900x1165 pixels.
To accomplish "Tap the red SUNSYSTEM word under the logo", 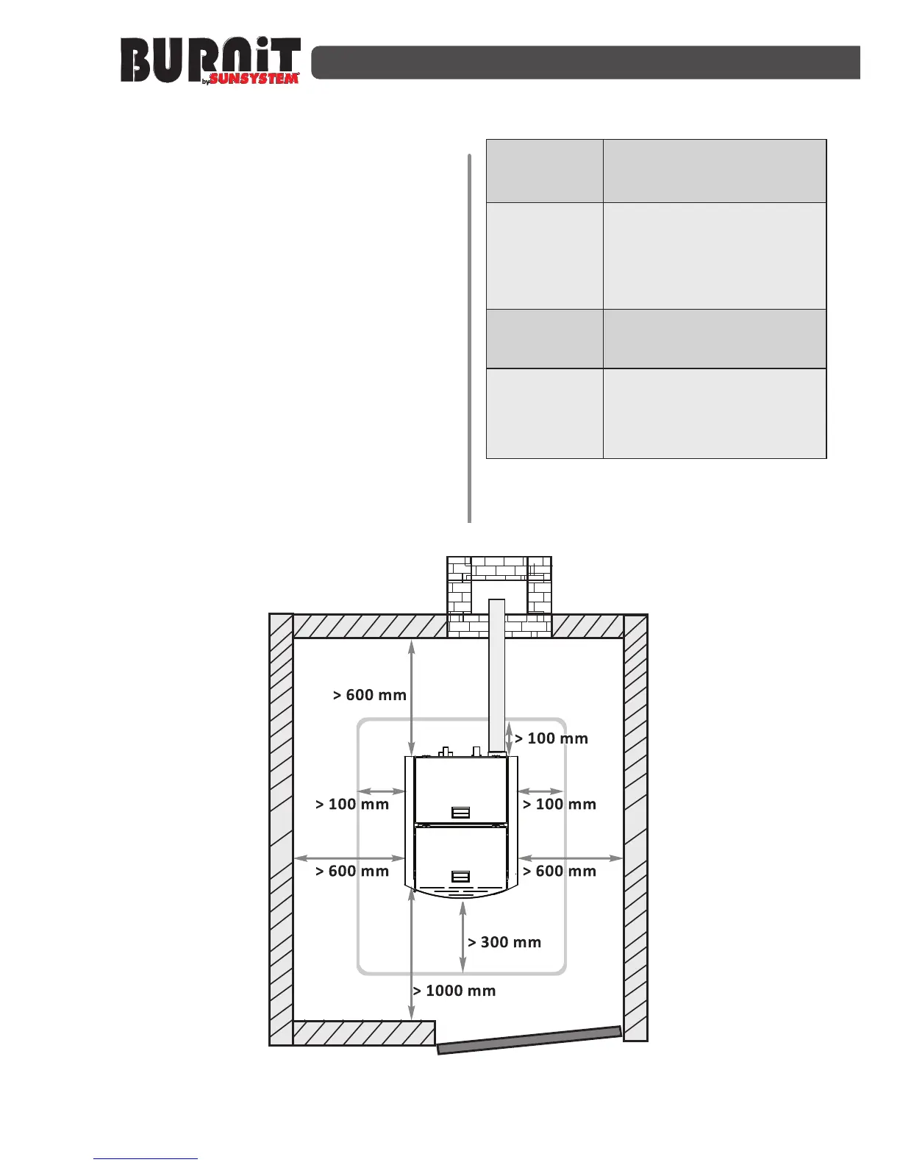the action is (x=254, y=79).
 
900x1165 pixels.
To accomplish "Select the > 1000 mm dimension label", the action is (x=454, y=991).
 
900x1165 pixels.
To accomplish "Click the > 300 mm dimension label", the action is (x=504, y=942).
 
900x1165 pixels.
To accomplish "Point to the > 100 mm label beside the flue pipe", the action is (x=551, y=738).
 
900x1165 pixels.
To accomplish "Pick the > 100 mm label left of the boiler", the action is (x=352, y=804).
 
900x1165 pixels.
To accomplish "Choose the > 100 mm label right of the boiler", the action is (x=560, y=804).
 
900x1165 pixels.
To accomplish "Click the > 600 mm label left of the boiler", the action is (x=352, y=871).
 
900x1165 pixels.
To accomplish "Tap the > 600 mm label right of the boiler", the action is (x=560, y=871).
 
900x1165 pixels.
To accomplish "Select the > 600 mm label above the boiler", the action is (x=370, y=695).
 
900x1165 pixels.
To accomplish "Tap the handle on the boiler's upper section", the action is (x=461, y=812).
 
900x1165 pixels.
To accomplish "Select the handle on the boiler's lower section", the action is (x=461, y=877).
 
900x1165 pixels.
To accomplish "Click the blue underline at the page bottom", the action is (x=146, y=1159).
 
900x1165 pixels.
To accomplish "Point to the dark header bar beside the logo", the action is (x=585, y=63).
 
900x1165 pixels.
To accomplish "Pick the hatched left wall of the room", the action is (x=281, y=829).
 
